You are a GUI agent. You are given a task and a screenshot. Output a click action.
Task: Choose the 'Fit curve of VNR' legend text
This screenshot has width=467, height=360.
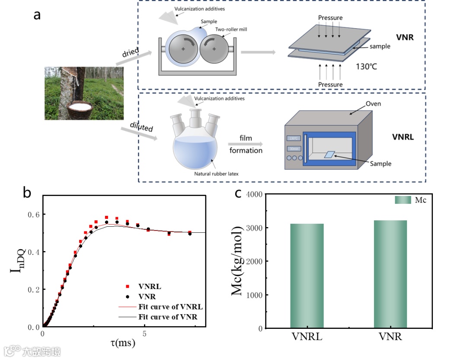168,317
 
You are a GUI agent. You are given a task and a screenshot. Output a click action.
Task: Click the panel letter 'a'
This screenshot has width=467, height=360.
37,15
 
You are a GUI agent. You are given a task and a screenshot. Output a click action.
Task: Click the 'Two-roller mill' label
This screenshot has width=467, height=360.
231,29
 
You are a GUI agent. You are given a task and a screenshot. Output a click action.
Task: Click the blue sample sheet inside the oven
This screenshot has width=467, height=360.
330,154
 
